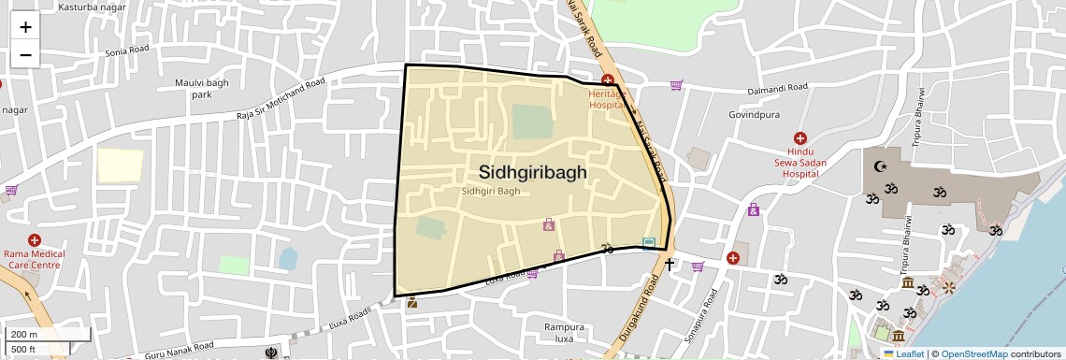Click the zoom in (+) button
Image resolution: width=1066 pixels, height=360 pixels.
25,27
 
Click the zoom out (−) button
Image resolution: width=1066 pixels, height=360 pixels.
25,55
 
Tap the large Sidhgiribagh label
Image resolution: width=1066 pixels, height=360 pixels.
532,172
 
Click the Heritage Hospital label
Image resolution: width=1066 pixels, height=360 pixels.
606,99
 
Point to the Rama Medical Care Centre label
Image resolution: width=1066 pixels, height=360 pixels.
35,259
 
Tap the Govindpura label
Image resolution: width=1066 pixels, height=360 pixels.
754,115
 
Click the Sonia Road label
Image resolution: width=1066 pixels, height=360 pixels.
127,51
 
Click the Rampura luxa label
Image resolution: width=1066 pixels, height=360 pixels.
564,333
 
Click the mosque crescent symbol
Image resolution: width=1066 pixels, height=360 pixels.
879,166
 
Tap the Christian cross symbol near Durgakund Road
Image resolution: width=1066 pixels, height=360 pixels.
670,265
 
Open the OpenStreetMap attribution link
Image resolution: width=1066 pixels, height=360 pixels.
973,353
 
